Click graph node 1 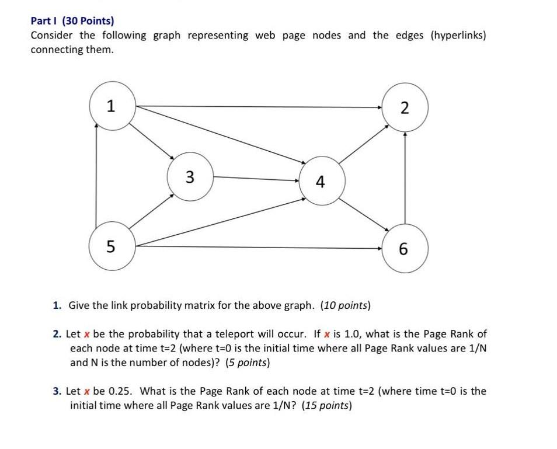tap(112, 106)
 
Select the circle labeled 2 tap(405, 107)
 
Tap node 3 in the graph tap(189, 176)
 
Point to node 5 tap(111, 248)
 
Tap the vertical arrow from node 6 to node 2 tap(405, 178)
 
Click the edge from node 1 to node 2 tap(257, 107)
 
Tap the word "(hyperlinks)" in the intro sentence tap(458, 35)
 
